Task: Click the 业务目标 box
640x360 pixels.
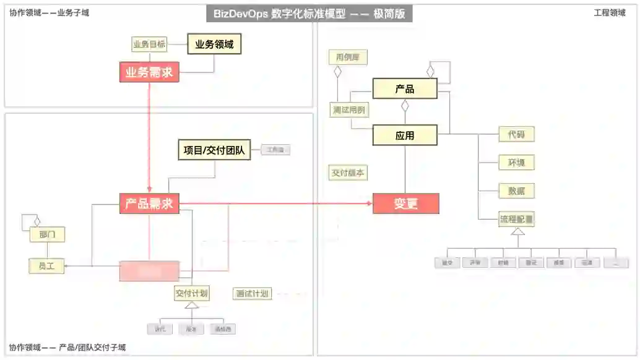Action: pyautogui.click(x=149, y=45)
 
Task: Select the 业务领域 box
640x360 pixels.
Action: pyautogui.click(x=214, y=44)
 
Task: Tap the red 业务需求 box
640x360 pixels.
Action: pyautogui.click(x=149, y=72)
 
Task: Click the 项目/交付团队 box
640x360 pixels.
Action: pyautogui.click(x=214, y=149)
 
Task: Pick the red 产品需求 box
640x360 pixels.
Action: pyautogui.click(x=149, y=204)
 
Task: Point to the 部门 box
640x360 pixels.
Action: pyautogui.click(x=47, y=234)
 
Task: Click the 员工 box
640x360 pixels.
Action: pyautogui.click(x=46, y=266)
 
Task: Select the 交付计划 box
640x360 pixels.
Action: pyautogui.click(x=191, y=293)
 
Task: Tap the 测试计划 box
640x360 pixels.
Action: pyautogui.click(x=252, y=293)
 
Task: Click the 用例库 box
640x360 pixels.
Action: pyautogui.click(x=348, y=58)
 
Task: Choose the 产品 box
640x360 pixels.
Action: pyautogui.click(x=405, y=89)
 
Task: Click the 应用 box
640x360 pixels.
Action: pyautogui.click(x=405, y=135)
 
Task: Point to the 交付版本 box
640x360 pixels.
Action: pyautogui.click(x=348, y=173)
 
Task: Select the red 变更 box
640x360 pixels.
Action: pyautogui.click(x=405, y=204)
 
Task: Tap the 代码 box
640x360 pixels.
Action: pyautogui.click(x=516, y=134)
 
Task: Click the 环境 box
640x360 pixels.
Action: pyautogui.click(x=516, y=163)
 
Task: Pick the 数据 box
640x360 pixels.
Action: pyautogui.click(x=516, y=191)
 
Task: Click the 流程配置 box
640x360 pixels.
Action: pyautogui.click(x=516, y=219)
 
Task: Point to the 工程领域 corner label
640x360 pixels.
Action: pyautogui.click(x=609, y=12)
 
